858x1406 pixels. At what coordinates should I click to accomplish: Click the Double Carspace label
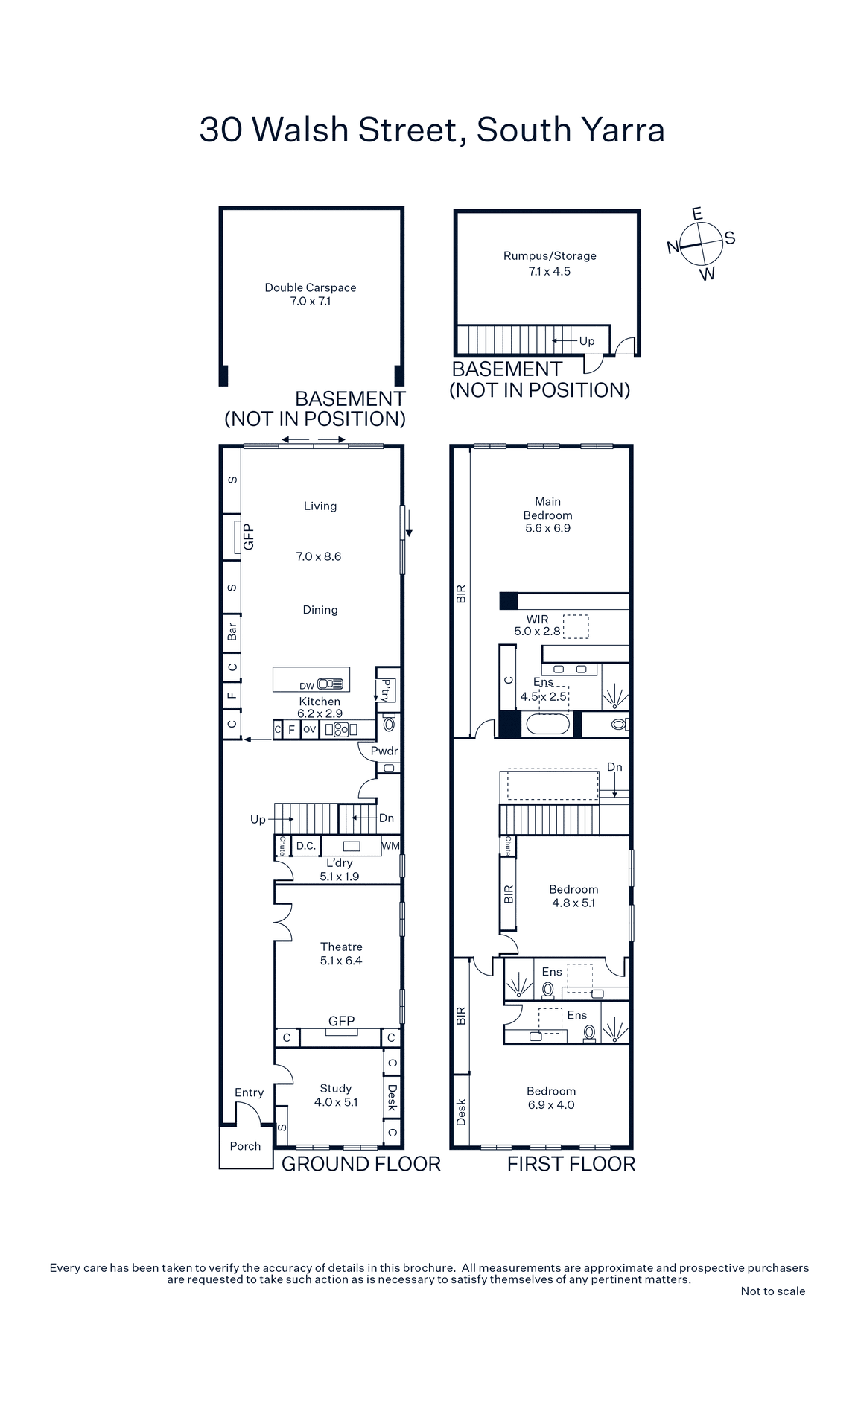[311, 287]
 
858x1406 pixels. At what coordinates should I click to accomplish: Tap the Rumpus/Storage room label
[550, 255]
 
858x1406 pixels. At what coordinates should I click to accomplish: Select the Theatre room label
[341, 947]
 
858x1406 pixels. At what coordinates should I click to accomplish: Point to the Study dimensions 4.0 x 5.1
[336, 1102]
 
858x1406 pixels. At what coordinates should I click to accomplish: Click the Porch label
[245, 1146]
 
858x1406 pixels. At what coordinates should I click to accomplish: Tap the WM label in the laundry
[390, 846]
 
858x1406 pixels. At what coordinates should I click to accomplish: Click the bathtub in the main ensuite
[547, 724]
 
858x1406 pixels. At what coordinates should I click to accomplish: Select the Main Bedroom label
[547, 508]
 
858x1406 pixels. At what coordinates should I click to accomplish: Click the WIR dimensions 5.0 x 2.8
[537, 632]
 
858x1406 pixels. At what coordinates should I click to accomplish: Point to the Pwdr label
[384, 751]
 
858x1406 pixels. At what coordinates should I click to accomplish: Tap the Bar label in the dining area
[232, 632]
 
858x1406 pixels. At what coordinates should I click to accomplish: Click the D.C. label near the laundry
[306, 846]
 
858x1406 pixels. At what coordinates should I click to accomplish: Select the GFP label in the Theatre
[341, 1021]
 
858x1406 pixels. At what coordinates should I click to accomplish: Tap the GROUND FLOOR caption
[361, 1164]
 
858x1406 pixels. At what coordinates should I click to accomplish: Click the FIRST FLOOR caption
[571, 1164]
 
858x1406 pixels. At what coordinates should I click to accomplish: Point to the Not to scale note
[772, 1291]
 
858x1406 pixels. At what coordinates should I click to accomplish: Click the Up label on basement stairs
[587, 341]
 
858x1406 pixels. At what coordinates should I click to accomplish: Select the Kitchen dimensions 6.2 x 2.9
[320, 713]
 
